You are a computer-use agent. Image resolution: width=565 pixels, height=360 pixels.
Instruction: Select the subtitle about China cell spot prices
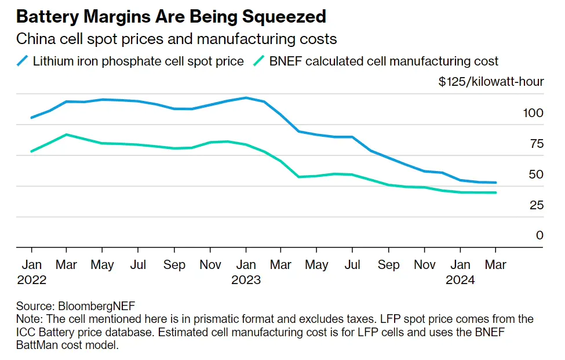tap(176, 39)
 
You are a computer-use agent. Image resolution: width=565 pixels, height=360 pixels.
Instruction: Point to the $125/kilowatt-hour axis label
tap(491, 82)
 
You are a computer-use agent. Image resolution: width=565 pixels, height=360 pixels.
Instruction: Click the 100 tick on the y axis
tap(533, 112)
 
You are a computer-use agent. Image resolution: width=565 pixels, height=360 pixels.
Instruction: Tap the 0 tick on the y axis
tap(540, 235)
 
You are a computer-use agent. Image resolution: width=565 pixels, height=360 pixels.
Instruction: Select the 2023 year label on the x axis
tap(246, 281)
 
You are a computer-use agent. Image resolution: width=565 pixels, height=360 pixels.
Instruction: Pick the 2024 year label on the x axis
tap(460, 281)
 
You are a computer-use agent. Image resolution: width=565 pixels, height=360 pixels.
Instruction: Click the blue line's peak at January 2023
tap(246, 98)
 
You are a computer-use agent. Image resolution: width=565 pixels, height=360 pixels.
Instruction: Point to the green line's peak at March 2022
tap(67, 134)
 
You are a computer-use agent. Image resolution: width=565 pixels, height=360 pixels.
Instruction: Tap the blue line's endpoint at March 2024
tap(496, 183)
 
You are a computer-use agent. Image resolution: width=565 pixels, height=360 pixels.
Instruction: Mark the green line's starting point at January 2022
tap(31, 151)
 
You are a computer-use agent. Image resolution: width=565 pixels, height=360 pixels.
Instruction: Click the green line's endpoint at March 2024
tap(496, 192)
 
